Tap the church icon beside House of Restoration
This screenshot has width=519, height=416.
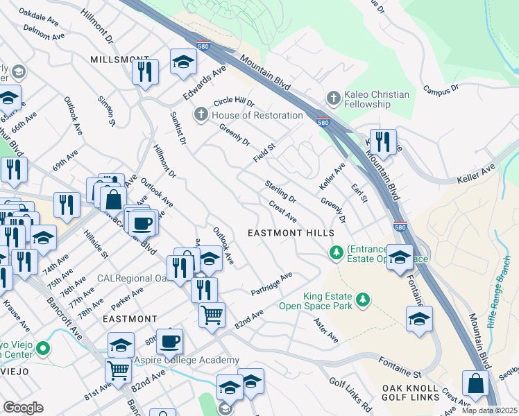coord(201,114)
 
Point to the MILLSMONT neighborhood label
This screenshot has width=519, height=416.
coord(119,60)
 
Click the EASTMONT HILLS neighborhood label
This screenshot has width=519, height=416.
coord(291,234)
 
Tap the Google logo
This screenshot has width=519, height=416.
coord(23,408)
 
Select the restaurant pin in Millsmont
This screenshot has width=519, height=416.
coord(145,71)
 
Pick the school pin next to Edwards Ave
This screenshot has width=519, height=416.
coord(183,63)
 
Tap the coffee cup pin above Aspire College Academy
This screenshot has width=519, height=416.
coord(169,341)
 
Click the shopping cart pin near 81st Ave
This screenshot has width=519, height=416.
coord(119,371)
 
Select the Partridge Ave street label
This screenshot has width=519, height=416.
coord(272,284)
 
